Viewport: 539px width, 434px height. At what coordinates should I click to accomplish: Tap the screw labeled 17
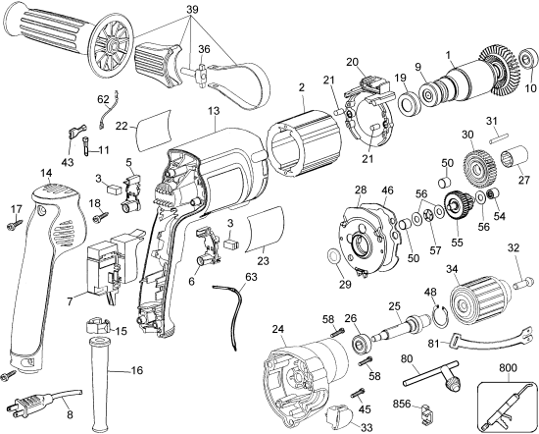14,225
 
